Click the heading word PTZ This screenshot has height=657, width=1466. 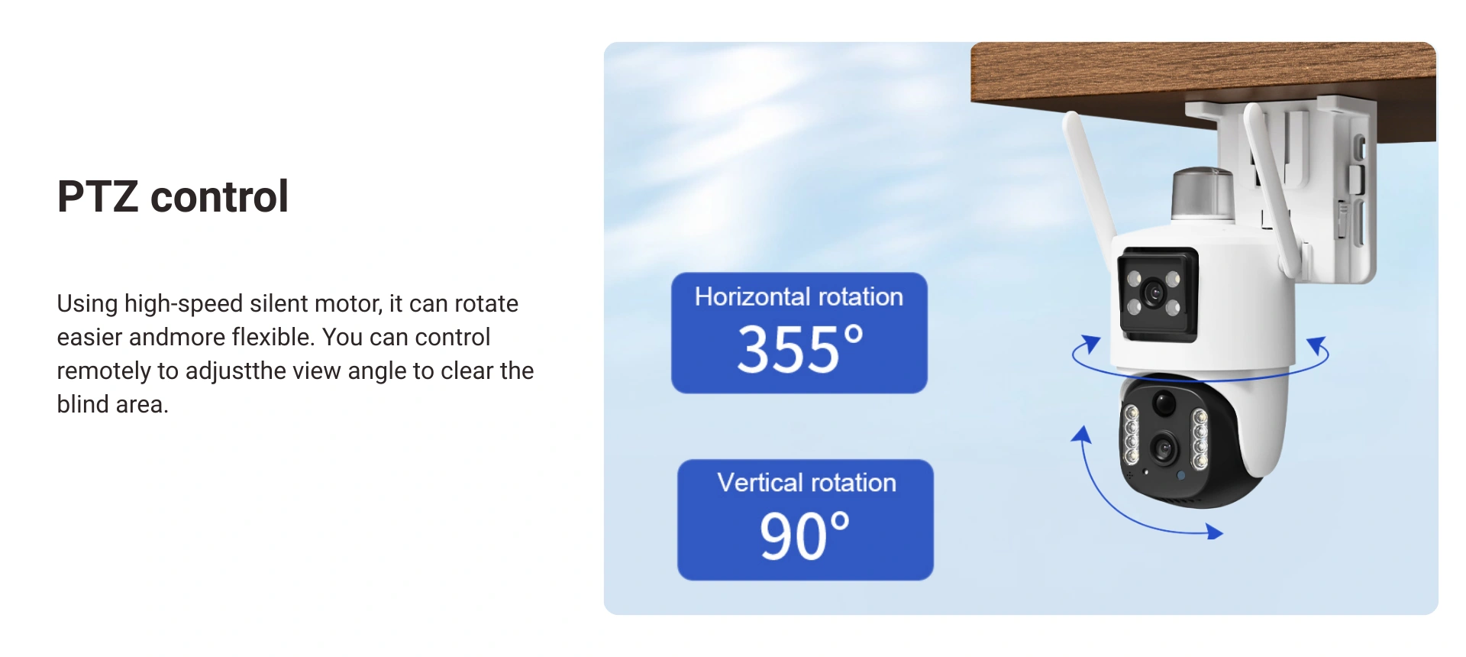(x=97, y=196)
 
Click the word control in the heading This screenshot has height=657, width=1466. (x=220, y=196)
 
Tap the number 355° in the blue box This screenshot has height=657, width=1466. (x=799, y=349)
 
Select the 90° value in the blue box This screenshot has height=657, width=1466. (x=804, y=536)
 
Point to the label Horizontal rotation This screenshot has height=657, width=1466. (x=799, y=296)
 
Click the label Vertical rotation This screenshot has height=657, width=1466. (x=806, y=483)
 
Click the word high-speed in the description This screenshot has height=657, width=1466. (x=183, y=304)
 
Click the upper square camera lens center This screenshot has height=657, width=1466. (x=1153, y=293)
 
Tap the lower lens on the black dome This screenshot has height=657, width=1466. (x=1164, y=448)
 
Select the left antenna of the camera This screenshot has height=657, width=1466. (x=1090, y=187)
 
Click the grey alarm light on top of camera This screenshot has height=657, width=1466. (x=1203, y=194)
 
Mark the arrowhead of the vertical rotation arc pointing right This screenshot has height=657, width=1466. (x=1215, y=532)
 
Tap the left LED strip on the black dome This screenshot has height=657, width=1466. (x=1132, y=435)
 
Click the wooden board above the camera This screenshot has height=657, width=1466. (x=1203, y=84)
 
